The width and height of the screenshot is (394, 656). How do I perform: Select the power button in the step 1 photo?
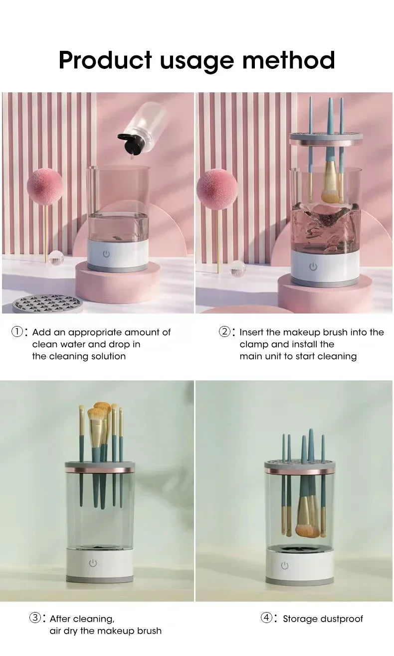(x=106, y=254)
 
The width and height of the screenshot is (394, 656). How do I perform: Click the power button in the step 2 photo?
(x=313, y=267)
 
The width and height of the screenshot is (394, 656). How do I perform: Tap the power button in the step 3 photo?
(x=93, y=563)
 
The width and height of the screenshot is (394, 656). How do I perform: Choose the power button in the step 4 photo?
(x=284, y=565)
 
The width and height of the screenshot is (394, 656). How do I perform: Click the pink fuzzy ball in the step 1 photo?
(x=44, y=187)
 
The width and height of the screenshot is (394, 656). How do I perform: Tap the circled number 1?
(x=17, y=332)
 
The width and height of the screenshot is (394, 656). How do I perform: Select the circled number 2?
(x=224, y=332)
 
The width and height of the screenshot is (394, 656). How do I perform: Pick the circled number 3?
(x=35, y=618)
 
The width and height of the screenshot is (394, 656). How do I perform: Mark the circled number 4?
(x=267, y=618)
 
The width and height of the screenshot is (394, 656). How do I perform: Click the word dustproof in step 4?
(x=341, y=619)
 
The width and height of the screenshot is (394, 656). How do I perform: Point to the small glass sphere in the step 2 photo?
(x=237, y=268)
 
